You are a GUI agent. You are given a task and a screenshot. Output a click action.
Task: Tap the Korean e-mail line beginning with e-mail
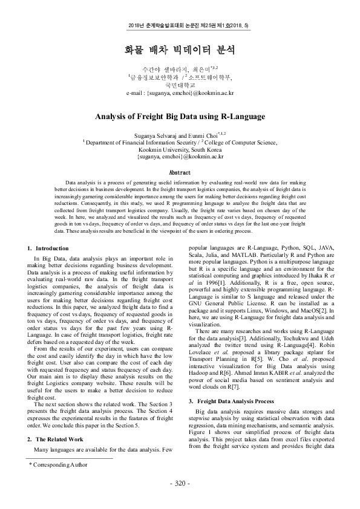click(180, 93)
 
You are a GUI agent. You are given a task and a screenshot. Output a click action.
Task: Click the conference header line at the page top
click(180, 27)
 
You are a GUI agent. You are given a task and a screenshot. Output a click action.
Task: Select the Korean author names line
click(180, 70)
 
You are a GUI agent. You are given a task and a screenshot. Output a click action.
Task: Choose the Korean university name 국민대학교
click(180, 85)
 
